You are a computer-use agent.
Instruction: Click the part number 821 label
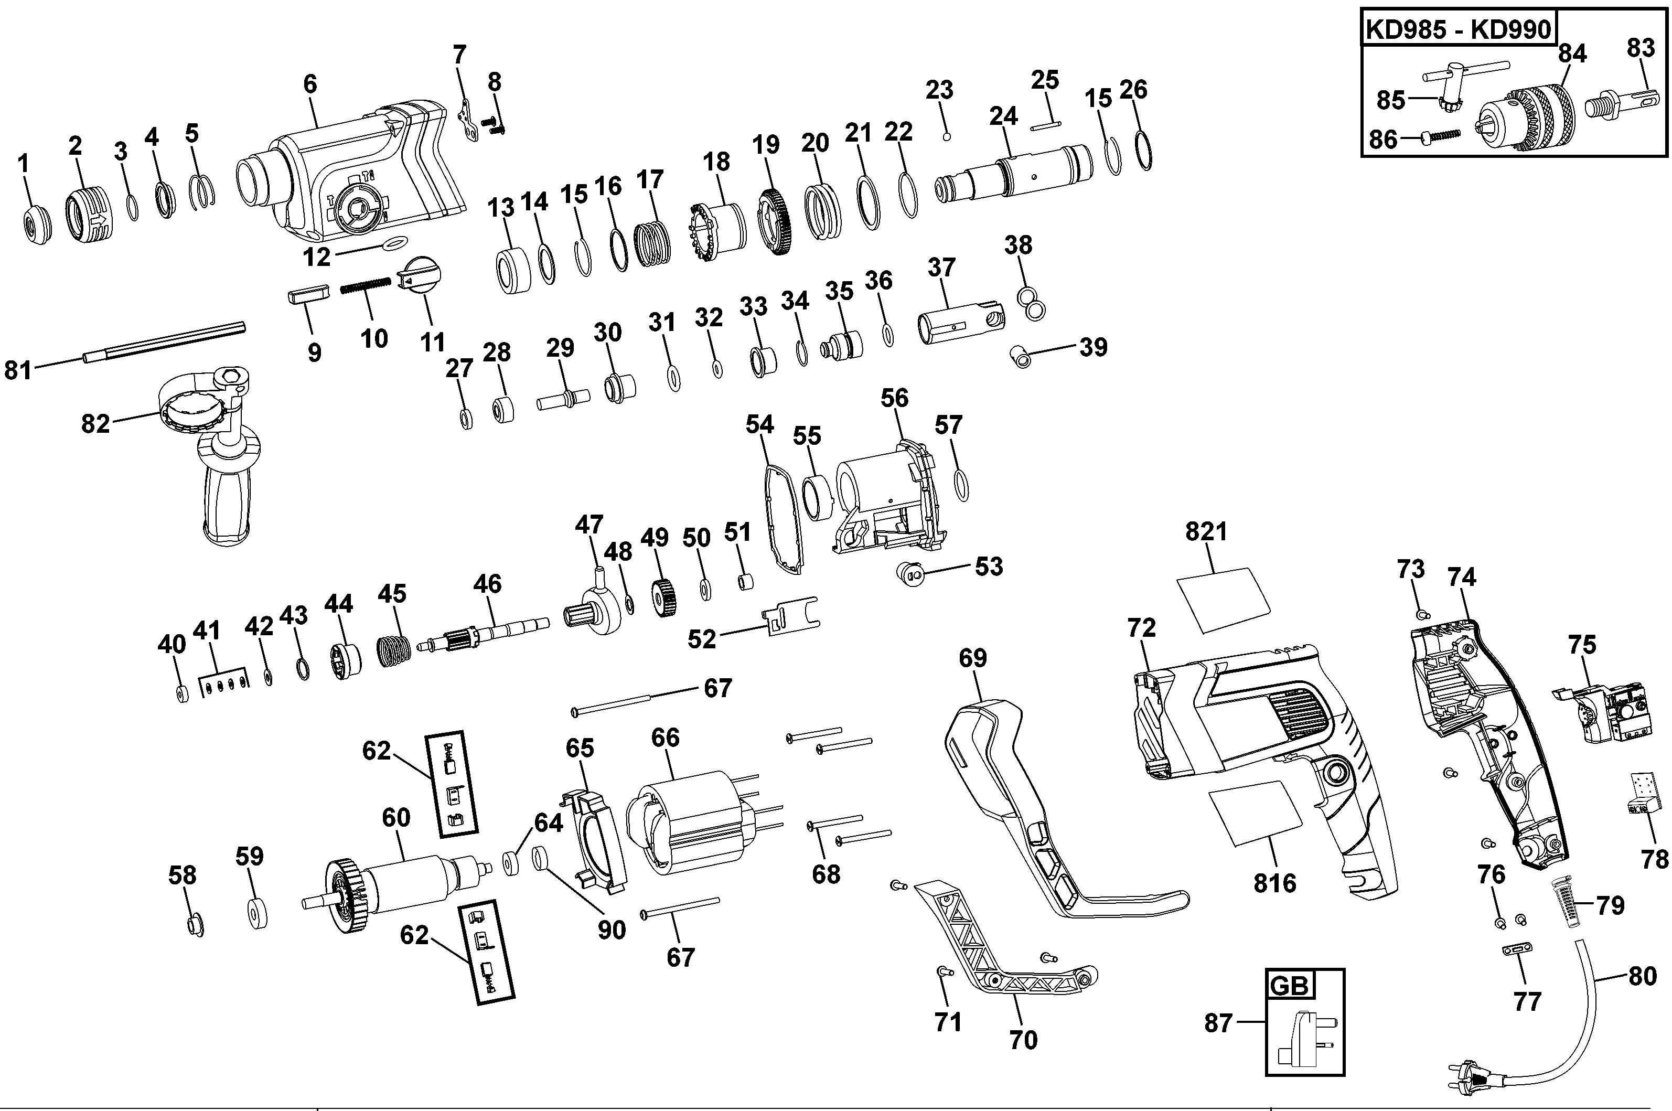[x=1206, y=531]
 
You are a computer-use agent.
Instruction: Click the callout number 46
[x=487, y=584]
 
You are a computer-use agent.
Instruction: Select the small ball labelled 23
[x=947, y=135]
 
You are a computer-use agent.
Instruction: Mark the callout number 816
[x=1274, y=883]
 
